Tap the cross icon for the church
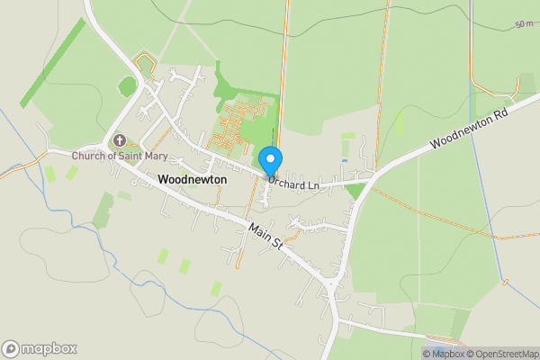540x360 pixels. (x=119, y=141)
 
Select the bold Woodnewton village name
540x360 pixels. (x=192, y=180)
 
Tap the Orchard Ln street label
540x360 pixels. (x=293, y=185)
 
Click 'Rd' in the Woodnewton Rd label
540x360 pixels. (x=501, y=115)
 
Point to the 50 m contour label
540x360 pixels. (x=524, y=24)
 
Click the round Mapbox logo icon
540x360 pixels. (x=11, y=349)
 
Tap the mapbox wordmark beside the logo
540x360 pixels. (x=49, y=349)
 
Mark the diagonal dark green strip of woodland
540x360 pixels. (x=53, y=62)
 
